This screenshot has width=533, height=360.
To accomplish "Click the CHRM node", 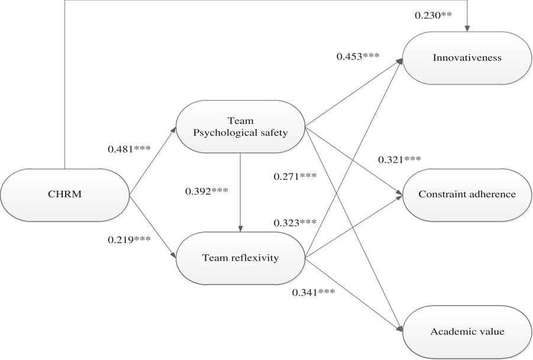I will click(x=65, y=195).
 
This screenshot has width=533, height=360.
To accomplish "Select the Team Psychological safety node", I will click(x=240, y=126).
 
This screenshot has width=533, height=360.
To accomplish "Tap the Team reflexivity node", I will click(x=240, y=257).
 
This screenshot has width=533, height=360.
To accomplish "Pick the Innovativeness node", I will click(x=467, y=58).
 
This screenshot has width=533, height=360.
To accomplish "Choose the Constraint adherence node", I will click(x=467, y=194).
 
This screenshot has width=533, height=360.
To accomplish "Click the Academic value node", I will click(x=467, y=332).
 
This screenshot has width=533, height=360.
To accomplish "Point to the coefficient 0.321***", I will click(x=399, y=160).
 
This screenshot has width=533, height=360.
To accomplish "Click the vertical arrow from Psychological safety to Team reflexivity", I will click(x=240, y=189).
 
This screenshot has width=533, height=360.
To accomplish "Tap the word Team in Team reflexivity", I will click(x=214, y=257).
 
